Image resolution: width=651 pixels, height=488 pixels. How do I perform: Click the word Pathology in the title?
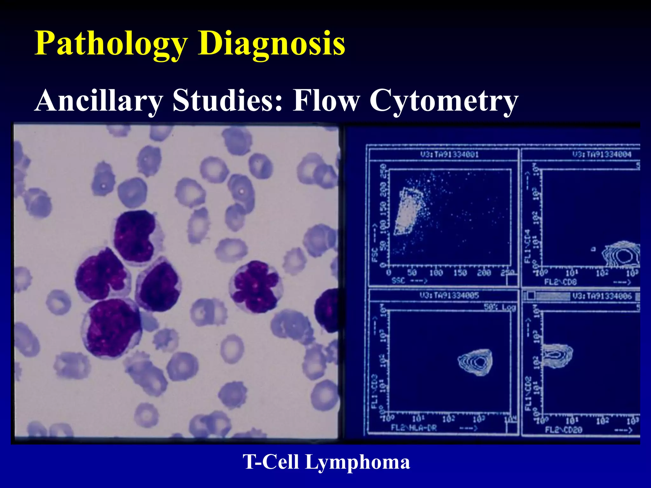coord(111,44)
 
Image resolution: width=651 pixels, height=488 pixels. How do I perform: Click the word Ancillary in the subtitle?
coord(99,100)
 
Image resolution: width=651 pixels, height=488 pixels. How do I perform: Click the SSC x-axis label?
coord(399,281)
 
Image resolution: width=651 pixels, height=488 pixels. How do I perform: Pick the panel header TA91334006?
coord(602,296)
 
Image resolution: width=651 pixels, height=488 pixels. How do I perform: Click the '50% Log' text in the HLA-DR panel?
coord(499,307)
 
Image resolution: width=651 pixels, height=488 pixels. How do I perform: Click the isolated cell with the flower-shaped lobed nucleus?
coord(255,286)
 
